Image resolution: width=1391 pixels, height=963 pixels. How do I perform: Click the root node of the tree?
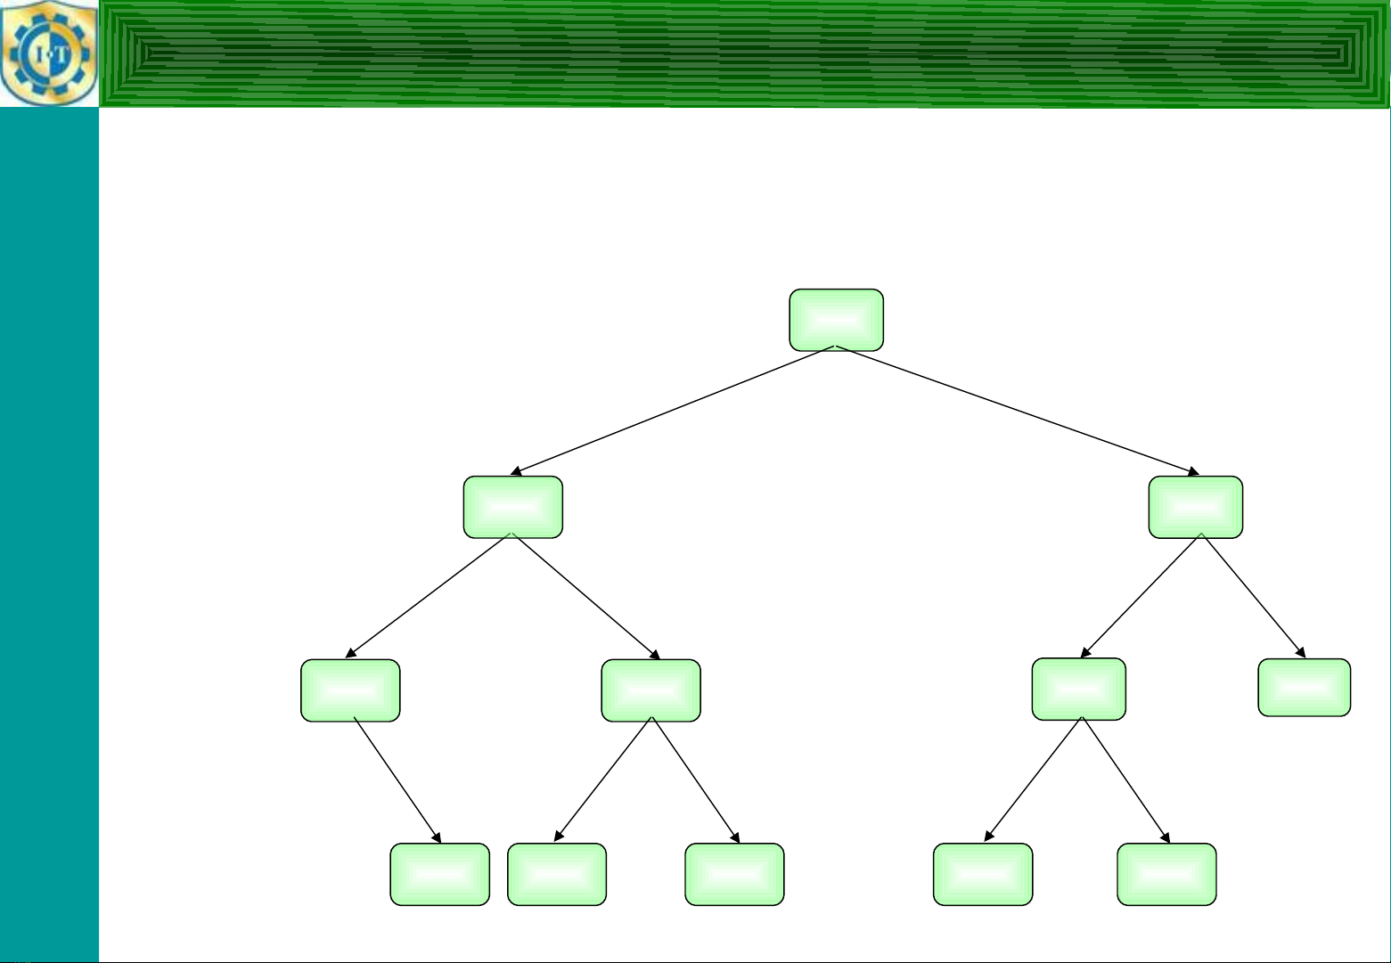pos(837,320)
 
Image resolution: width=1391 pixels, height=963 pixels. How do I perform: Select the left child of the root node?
pos(513,507)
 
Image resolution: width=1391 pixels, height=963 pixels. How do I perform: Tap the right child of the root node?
pos(1195,507)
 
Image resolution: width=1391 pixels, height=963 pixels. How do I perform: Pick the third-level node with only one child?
pos(350,690)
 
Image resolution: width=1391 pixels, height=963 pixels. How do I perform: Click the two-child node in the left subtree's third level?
pos(650,690)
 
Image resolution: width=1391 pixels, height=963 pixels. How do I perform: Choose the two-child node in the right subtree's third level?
pos(1078,690)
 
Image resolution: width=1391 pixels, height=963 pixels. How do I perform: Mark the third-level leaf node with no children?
pos(1304,688)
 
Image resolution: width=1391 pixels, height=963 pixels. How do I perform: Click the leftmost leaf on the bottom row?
pos(439,874)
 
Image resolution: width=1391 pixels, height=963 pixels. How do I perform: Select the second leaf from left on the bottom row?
pos(556,874)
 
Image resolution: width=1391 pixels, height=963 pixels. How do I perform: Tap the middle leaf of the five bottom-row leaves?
pos(734,874)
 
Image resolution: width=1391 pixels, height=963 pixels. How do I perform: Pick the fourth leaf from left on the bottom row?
pos(983,874)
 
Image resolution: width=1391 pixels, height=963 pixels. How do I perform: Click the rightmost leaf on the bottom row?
pos(1166,874)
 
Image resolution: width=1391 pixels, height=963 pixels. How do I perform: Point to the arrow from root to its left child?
pos(673,411)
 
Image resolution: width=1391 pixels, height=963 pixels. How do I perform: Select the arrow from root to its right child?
pos(1018,411)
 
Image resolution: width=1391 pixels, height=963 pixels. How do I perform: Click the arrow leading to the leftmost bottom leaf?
pos(397,780)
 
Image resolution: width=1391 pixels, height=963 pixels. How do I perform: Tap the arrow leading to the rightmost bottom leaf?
pos(1125,780)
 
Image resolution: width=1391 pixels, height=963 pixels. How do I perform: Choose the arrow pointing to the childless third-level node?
pos(1253,595)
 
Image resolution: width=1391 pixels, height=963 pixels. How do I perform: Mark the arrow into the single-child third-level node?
pos(428,595)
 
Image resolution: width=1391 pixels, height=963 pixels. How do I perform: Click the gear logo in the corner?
pos(49,53)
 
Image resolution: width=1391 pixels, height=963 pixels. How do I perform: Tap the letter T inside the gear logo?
pos(61,55)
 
